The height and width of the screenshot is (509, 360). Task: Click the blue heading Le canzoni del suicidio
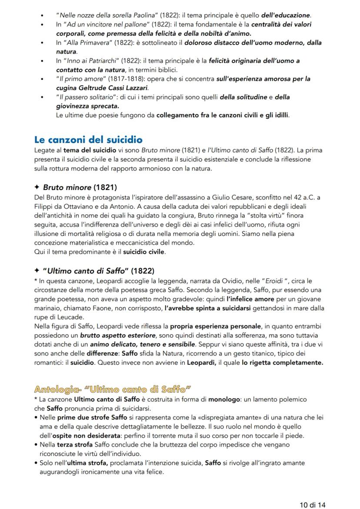coord(88,140)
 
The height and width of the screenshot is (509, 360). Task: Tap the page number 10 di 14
coord(312,505)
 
